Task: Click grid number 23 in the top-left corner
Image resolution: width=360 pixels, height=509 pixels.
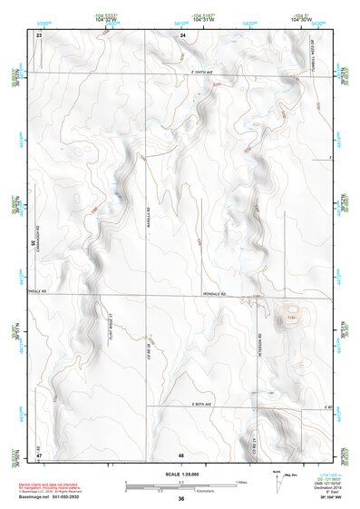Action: coord(39,34)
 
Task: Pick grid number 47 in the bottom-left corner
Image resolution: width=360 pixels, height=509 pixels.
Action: coord(39,453)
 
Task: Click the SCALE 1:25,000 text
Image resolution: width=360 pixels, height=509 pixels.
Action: coord(180,474)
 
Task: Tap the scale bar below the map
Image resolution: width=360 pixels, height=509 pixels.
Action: coord(181,486)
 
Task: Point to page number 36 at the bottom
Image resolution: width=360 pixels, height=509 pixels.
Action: coord(181,499)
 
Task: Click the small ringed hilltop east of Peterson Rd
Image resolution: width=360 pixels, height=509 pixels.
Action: coord(291,318)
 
